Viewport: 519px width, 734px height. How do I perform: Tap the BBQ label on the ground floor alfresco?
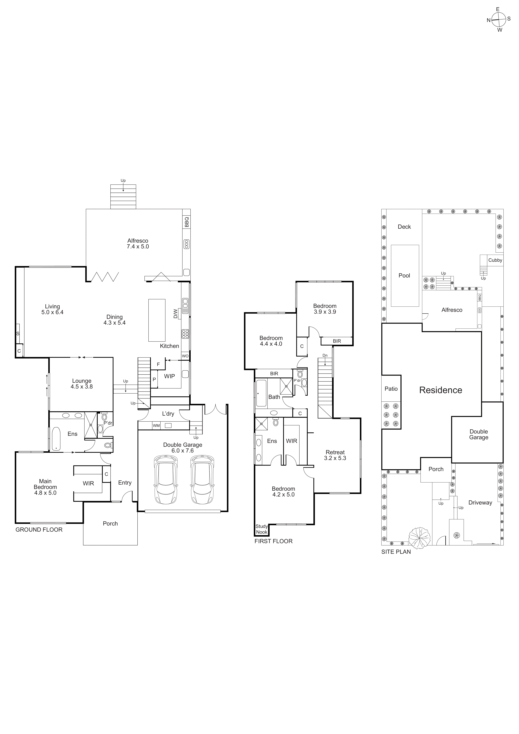(x=187, y=222)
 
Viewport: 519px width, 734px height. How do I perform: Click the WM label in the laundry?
(x=156, y=426)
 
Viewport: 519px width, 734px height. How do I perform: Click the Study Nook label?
(x=262, y=529)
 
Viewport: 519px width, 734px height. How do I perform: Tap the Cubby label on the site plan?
(x=495, y=260)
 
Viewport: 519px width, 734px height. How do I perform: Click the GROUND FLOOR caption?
(x=39, y=530)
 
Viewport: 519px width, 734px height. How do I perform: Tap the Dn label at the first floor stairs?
(x=325, y=355)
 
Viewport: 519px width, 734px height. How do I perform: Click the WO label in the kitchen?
(x=185, y=356)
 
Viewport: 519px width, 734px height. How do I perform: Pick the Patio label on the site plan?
(x=391, y=389)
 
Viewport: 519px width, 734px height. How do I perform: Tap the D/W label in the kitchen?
(x=175, y=314)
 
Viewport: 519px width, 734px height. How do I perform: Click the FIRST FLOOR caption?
(x=273, y=541)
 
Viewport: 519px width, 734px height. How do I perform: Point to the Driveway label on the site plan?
(x=480, y=503)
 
